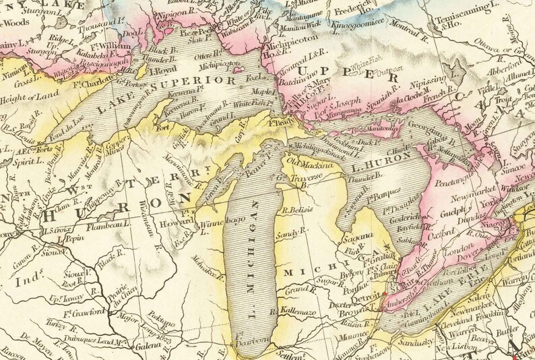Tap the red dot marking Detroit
(384, 295)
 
